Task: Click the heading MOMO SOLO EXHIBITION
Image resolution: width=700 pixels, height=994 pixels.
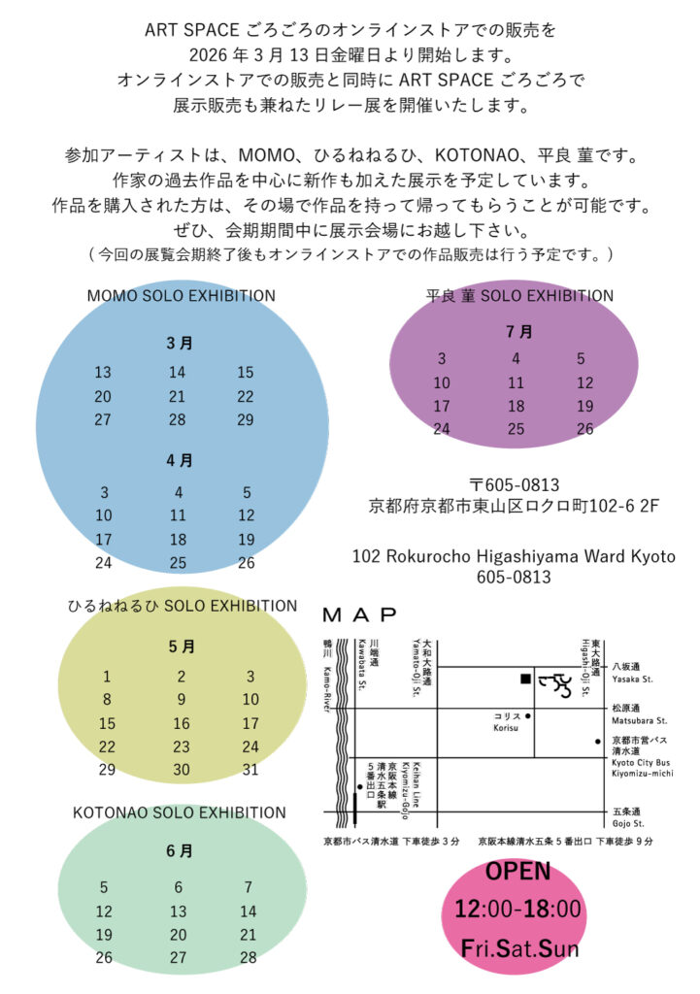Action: [x=182, y=296]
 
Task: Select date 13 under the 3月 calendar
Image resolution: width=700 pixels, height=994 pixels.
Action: [x=103, y=373]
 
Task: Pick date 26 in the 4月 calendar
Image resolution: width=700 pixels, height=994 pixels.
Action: [x=246, y=563]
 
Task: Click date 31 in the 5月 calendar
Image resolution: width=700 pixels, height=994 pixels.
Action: [x=250, y=770]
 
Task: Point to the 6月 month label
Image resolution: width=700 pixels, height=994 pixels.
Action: [x=179, y=851]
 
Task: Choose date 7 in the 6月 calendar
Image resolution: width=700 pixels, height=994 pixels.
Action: [x=249, y=887]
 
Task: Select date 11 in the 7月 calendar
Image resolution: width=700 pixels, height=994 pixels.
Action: [x=516, y=383]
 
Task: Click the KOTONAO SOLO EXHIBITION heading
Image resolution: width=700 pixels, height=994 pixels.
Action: [x=180, y=812]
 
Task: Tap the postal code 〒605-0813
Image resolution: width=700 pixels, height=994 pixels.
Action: [x=514, y=483]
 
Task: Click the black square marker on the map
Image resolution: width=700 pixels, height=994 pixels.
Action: [x=524, y=679]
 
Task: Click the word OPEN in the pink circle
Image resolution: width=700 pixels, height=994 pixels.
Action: [x=517, y=872]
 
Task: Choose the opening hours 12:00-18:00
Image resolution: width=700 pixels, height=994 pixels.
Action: [x=517, y=910]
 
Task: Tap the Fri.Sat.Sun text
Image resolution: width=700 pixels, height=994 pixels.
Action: [x=519, y=948]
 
